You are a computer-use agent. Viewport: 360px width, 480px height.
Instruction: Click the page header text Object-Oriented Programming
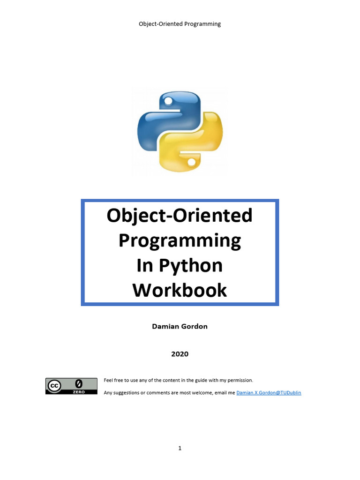[180, 24]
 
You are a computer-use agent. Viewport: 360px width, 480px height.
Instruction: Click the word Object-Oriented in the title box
[180, 216]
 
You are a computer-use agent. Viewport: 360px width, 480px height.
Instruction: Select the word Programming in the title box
[180, 241]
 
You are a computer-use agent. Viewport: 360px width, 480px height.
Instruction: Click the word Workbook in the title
[180, 290]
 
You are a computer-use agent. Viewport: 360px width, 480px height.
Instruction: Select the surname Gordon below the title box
[194, 326]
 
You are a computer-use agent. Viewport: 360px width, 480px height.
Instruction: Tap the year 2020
[180, 354]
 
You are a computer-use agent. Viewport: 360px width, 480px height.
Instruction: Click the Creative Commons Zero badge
[65, 386]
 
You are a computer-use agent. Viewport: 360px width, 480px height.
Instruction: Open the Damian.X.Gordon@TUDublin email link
[269, 393]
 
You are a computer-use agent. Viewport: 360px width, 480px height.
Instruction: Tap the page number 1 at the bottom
[180, 448]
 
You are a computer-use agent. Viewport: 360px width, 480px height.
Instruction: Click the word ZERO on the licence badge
[78, 392]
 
